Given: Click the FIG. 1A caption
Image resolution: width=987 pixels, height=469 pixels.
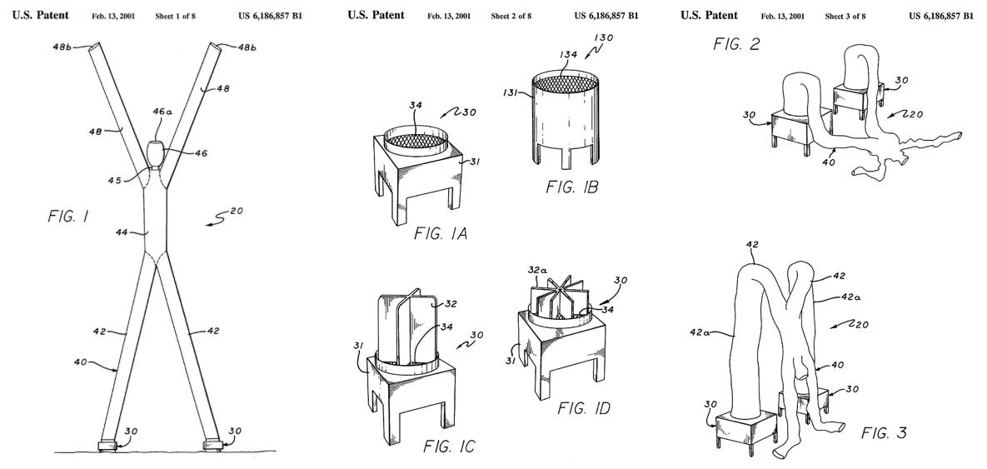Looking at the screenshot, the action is click(x=440, y=234).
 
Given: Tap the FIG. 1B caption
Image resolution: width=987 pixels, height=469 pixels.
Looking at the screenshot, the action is click(x=571, y=188).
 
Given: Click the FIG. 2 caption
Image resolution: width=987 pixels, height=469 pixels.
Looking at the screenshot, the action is click(x=736, y=44).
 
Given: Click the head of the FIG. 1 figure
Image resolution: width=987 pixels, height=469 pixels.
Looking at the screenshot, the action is click(x=155, y=155).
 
